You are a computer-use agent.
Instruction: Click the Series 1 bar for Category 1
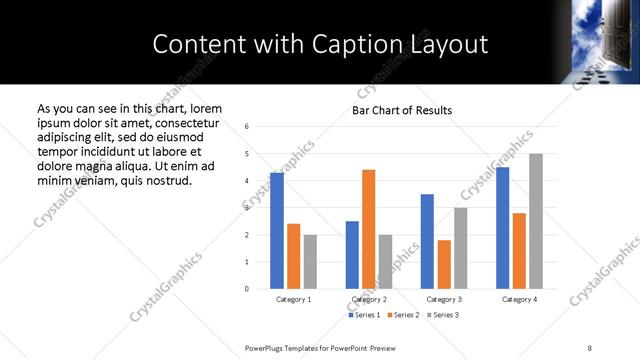[x=277, y=231]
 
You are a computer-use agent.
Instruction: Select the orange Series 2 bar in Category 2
[x=368, y=229]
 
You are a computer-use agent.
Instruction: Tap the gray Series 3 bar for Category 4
[x=536, y=221]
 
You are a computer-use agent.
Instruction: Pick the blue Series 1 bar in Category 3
[x=427, y=241]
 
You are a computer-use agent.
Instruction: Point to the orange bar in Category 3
[x=444, y=264]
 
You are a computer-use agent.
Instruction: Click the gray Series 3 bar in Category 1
[x=310, y=262]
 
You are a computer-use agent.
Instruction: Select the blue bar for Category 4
[x=502, y=228]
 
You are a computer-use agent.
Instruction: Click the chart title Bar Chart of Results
[x=402, y=110]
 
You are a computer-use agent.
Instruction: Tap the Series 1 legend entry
[x=364, y=315]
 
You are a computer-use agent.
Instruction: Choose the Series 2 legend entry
[x=402, y=315]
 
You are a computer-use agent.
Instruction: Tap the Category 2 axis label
[x=369, y=299]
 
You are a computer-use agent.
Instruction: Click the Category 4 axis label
[x=519, y=299]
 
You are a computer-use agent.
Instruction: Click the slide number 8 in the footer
[x=590, y=347]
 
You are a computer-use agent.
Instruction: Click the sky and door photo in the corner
[x=605, y=41]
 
